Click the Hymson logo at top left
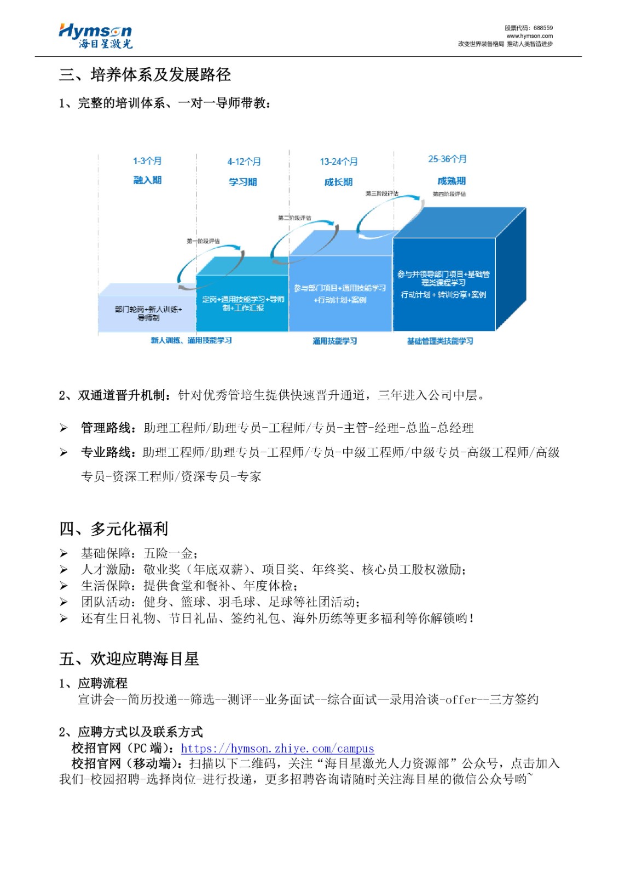coord(95,36)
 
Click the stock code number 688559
coord(543,28)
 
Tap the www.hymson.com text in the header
coord(529,36)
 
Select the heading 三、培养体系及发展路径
coord(144,75)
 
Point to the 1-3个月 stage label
coord(147,161)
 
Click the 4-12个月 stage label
coord(244,162)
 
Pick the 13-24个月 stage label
coord(339,162)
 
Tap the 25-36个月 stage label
coord(447,159)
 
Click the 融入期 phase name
coord(147,180)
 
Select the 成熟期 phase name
coord(452,181)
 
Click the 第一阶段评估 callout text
coord(203,241)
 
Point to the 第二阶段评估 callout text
coord(294,218)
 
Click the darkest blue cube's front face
coord(443,284)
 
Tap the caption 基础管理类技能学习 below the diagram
coord(440,341)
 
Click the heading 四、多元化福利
coord(114,529)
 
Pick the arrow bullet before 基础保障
coord(64,553)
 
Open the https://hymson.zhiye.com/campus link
coord(277,748)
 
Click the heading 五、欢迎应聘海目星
coord(129,659)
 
